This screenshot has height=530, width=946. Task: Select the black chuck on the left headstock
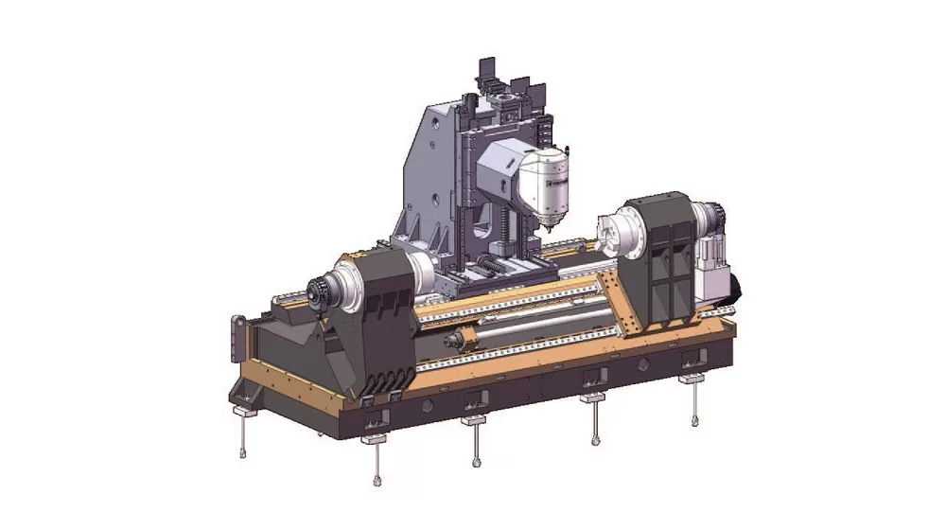tap(320, 291)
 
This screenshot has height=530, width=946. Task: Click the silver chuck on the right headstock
tap(620, 232)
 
